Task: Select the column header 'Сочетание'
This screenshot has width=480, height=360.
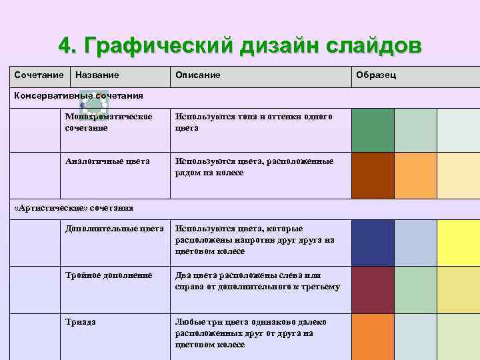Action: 39,75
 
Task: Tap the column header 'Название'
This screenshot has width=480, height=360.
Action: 97,75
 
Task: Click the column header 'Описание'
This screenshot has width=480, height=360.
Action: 197,75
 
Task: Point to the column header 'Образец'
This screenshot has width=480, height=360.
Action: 377,75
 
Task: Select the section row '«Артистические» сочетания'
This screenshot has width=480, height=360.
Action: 74,208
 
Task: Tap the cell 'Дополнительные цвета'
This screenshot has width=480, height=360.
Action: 114,229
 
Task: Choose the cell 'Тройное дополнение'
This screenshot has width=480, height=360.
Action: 109,275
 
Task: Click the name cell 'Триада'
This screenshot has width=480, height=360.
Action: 81,322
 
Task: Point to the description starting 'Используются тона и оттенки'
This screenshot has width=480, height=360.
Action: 253,122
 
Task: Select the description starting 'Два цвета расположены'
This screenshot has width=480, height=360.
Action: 257,281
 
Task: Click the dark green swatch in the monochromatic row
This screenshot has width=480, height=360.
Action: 373,130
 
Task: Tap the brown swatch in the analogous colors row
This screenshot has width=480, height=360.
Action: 373,176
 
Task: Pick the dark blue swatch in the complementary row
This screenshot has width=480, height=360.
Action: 373,243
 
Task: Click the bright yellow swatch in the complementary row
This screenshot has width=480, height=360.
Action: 459,243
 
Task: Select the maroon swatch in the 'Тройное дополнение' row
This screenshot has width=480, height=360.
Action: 373,289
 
